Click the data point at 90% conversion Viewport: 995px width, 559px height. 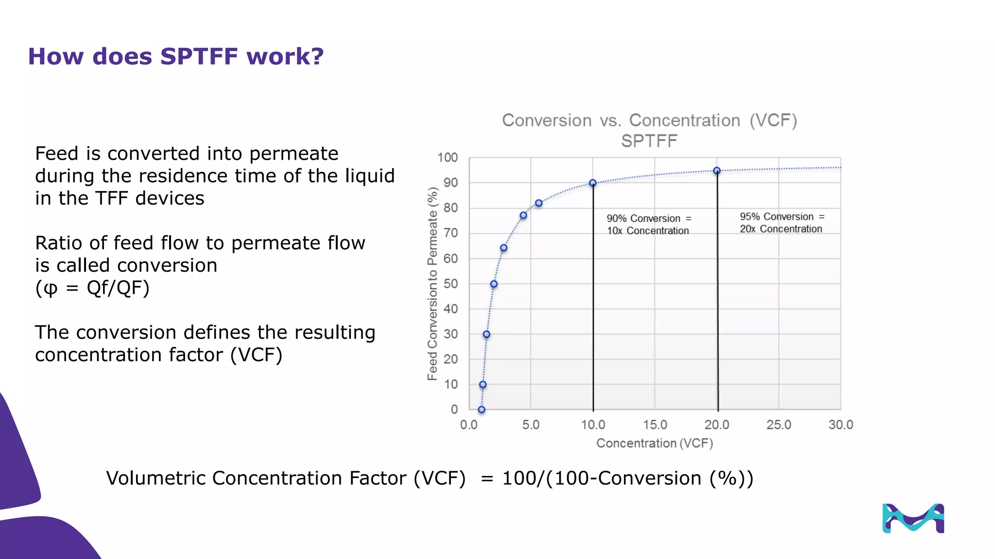point(593,183)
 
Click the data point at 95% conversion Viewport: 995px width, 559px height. point(717,171)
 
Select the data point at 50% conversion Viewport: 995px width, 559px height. point(494,284)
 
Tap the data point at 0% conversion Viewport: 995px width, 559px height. point(481,410)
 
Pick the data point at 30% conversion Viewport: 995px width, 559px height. point(486,334)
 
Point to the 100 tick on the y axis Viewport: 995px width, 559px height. point(447,158)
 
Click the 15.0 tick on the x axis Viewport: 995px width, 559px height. point(655,425)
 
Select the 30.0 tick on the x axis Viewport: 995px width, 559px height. point(841,425)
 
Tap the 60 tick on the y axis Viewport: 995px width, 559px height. point(450,259)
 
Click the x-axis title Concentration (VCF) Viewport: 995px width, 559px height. point(654,444)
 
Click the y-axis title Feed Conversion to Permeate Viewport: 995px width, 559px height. point(432,284)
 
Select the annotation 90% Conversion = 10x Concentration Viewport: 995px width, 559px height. point(648,225)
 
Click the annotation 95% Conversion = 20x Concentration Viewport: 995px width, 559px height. point(782,223)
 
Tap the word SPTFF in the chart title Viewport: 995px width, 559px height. point(649,141)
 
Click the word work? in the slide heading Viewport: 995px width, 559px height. point(285,56)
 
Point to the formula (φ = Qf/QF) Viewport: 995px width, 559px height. point(92,288)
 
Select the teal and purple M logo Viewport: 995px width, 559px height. point(913,518)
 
